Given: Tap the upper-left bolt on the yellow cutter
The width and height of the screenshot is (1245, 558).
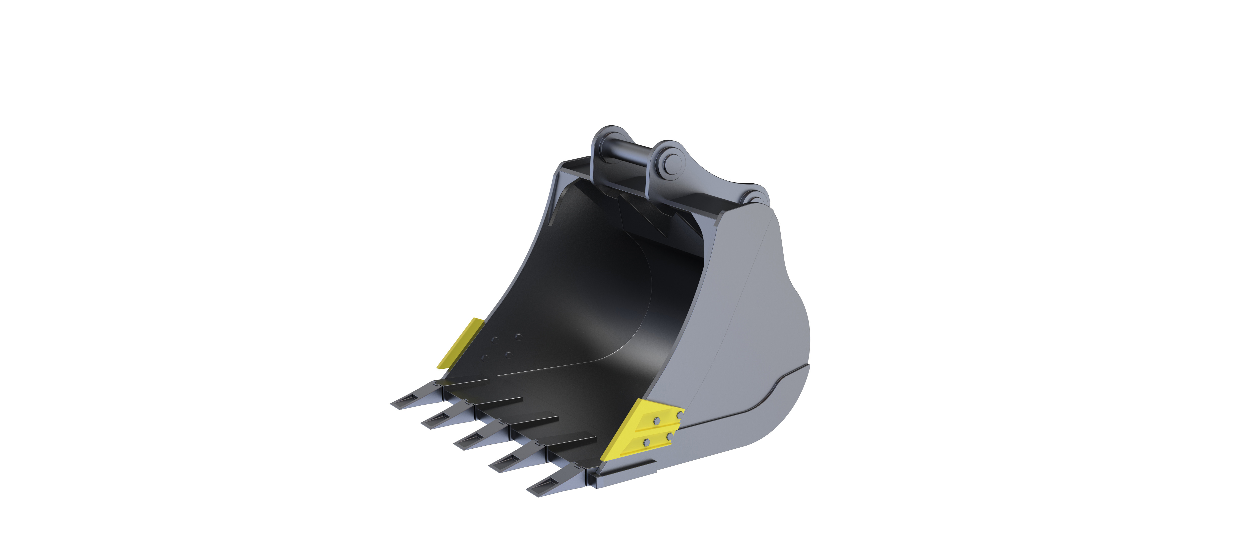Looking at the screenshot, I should tap(656, 421).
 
